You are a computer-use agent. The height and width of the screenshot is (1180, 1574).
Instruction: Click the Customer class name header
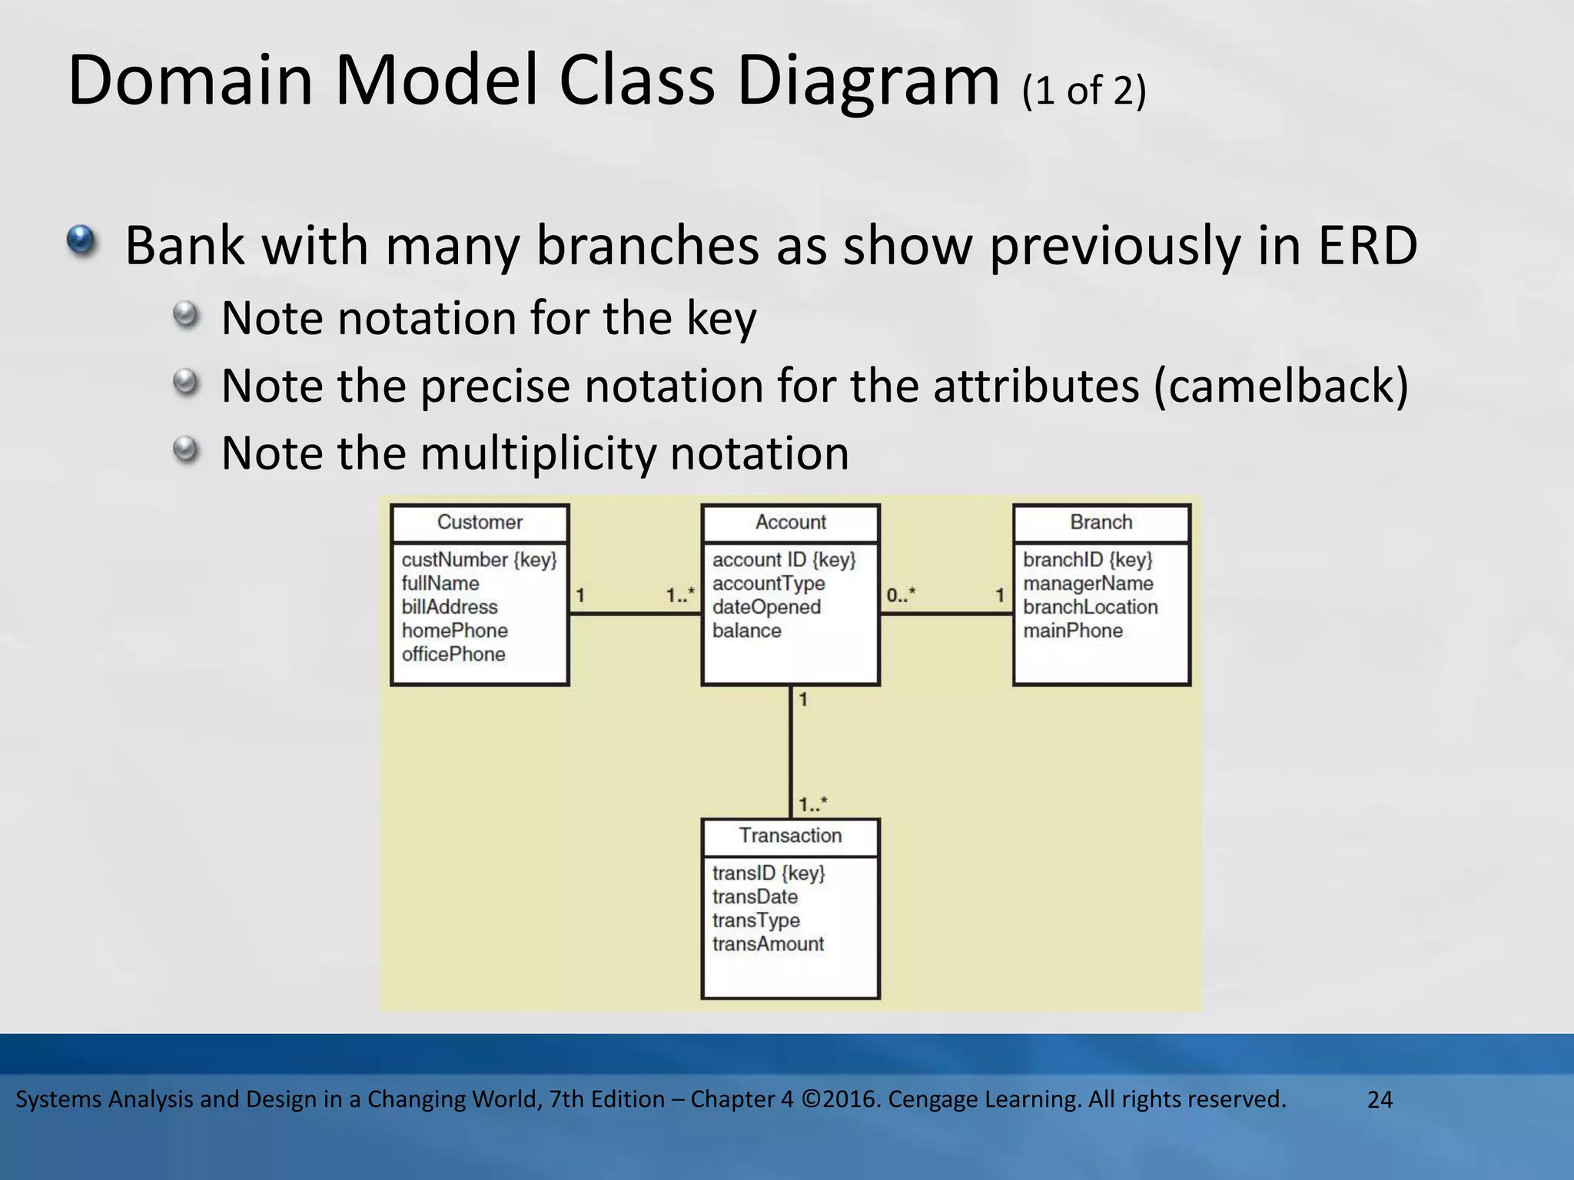click(x=480, y=522)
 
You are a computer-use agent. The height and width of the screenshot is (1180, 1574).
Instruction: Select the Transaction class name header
click(x=790, y=836)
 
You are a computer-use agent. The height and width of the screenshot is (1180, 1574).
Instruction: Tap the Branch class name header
click(x=1101, y=522)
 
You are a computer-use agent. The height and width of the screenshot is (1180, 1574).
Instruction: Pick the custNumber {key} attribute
click(x=479, y=560)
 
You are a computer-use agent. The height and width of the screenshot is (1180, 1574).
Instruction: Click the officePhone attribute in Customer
click(x=453, y=655)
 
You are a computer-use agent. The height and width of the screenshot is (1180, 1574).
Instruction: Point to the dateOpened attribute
click(x=766, y=607)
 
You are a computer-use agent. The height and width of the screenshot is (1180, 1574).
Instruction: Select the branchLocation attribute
click(x=1090, y=607)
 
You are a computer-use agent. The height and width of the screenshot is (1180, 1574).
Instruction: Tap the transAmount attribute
click(x=768, y=944)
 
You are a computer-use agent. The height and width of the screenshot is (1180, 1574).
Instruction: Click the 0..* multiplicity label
click(x=901, y=595)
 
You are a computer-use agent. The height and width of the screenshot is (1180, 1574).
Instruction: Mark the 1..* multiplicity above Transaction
click(x=812, y=804)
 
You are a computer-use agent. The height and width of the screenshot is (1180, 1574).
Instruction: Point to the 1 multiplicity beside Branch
click(x=1000, y=595)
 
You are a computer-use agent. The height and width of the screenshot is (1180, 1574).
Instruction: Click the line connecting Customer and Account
click(x=635, y=613)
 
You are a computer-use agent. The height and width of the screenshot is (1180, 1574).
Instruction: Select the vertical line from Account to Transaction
click(x=791, y=753)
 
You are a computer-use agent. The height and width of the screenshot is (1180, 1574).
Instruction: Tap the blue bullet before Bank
click(x=81, y=240)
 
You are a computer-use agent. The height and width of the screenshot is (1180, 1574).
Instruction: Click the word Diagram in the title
click(x=868, y=81)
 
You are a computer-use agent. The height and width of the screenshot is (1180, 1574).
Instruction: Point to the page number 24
click(x=1380, y=1100)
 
